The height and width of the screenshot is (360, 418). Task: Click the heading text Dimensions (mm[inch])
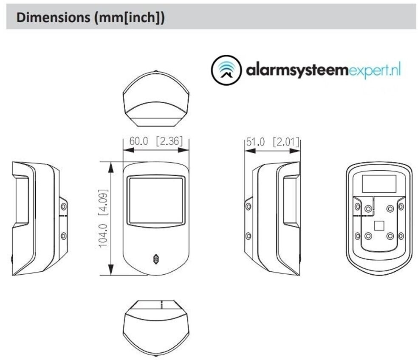[90, 17]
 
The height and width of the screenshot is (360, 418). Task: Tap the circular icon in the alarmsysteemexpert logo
[226, 70]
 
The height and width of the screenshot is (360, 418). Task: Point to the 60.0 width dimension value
[138, 141]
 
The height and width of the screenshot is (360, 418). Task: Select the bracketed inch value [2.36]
[169, 141]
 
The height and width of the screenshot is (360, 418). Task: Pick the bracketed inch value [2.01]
[285, 141]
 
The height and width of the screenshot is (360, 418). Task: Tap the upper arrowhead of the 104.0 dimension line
[111, 166]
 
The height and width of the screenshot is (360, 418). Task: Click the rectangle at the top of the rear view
[379, 184]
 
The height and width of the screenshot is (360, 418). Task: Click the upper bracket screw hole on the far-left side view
[64, 207]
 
